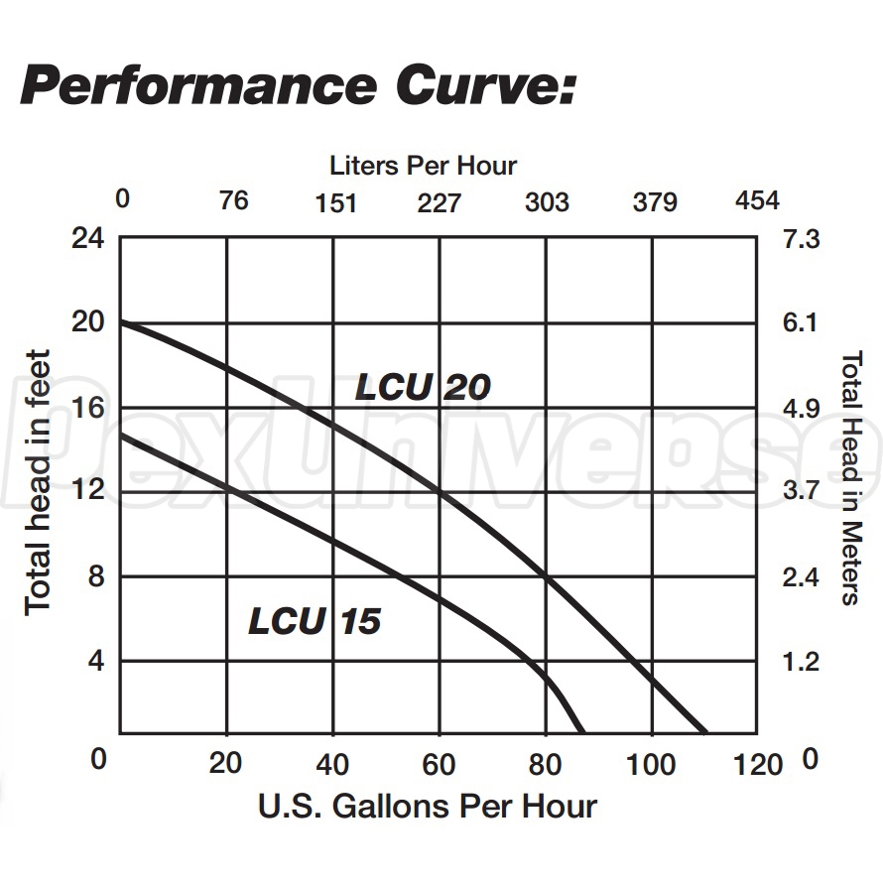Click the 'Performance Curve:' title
(298, 86)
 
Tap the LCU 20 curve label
(424, 387)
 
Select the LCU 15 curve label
(315, 622)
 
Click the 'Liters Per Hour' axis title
(424, 165)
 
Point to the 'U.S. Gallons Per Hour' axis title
(428, 806)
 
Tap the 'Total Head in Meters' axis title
(850, 477)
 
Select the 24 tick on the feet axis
(88, 239)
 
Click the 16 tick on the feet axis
(88, 408)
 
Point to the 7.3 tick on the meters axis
(802, 239)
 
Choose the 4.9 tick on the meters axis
(802, 409)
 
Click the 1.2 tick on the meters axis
(802, 662)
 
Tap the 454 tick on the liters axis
(757, 201)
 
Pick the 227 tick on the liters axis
(439, 203)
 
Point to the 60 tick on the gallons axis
(439, 764)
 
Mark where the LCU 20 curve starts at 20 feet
(121, 323)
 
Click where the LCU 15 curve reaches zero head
(582, 732)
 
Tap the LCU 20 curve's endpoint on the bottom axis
(706, 732)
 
